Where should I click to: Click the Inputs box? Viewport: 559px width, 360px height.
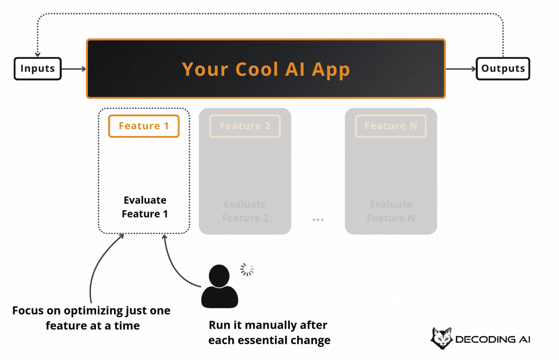coord(38,68)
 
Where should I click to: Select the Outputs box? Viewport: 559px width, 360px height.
coord(503,68)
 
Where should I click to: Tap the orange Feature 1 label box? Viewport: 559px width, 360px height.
coord(143,126)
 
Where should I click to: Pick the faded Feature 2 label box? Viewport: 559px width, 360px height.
coord(245,126)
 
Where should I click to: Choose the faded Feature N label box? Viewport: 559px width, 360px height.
coord(391,126)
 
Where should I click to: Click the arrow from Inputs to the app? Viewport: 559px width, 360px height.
coord(74,69)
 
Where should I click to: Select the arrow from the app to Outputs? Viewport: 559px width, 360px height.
coord(461,69)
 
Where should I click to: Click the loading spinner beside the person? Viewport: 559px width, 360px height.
coord(247,269)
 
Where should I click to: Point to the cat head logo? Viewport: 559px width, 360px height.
coord(441,338)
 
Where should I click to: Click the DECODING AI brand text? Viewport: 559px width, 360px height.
coord(492,340)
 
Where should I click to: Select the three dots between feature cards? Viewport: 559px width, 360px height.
coord(318,219)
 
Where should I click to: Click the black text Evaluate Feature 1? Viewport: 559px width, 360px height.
coord(145,207)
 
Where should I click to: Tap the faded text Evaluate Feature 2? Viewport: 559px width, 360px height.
coord(245,211)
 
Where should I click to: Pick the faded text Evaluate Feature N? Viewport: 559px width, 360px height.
coord(391,211)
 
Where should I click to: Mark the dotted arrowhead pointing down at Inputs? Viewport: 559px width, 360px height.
coord(38,54)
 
